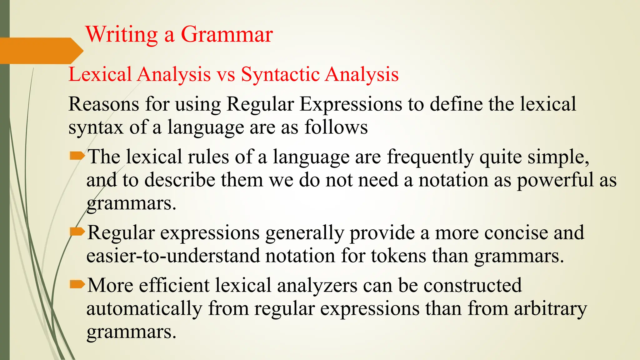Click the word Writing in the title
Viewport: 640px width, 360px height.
coord(122,34)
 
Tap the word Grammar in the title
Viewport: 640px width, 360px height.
coord(227,34)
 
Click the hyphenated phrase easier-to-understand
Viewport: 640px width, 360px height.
coord(173,256)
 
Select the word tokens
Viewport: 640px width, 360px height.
coord(398,256)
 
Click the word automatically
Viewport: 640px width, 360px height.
coord(144,309)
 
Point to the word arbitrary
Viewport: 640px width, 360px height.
coord(551,309)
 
